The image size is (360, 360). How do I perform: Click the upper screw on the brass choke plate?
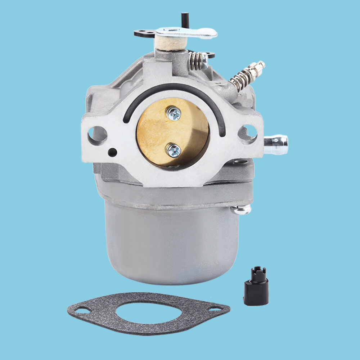174,114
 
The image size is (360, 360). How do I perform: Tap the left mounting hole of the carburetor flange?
98,135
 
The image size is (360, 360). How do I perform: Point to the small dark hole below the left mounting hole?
112,152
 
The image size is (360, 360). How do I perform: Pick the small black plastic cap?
256,288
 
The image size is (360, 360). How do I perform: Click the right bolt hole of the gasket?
216,309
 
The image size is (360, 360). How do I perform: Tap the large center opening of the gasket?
148,312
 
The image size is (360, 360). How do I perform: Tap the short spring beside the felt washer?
197,60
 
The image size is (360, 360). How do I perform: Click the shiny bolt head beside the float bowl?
242,210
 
